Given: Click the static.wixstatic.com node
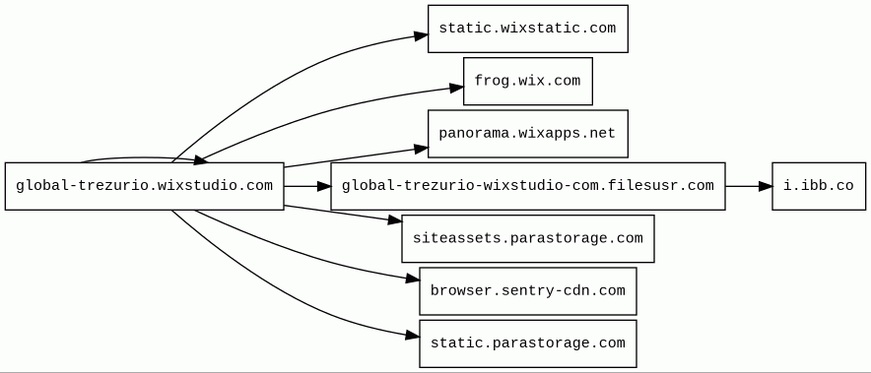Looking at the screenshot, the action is pos(528,29).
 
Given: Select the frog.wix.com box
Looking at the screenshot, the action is pos(528,81).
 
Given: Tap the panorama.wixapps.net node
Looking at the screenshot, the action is pos(528,134).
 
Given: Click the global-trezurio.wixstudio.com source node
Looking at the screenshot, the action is pos(145,187).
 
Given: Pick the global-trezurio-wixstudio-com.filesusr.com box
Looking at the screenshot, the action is pos(528,187).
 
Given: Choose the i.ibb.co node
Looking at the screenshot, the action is pos(819,187).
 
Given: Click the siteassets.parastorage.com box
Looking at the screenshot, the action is pos(528,239).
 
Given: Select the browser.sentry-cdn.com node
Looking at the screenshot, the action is pos(528,291).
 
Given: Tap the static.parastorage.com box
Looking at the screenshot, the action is pos(528,343).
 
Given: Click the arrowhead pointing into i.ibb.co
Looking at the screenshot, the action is pos(766,187).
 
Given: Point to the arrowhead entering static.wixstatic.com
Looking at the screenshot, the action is pos(421,36).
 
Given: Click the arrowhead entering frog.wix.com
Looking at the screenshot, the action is pos(456,88).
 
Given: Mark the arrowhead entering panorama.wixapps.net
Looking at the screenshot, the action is pos(421,149).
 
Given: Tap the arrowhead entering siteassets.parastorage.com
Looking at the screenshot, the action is pos(395,220).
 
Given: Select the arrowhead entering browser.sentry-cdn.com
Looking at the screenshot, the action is pos(413,279).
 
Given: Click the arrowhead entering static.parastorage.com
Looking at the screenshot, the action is pos(413,336).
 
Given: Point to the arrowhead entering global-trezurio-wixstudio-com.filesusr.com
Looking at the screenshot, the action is pos(324,187).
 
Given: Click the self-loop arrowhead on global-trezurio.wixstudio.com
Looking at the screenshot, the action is pos(200,159).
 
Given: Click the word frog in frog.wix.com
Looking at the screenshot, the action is pos(487,81).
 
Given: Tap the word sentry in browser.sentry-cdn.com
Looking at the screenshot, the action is pos(520,291).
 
